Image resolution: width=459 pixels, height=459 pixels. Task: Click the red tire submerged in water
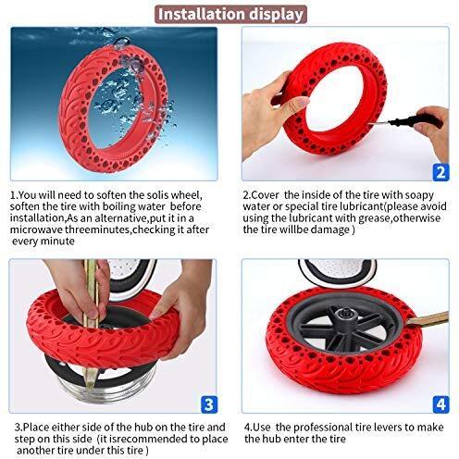tap(111, 102)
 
